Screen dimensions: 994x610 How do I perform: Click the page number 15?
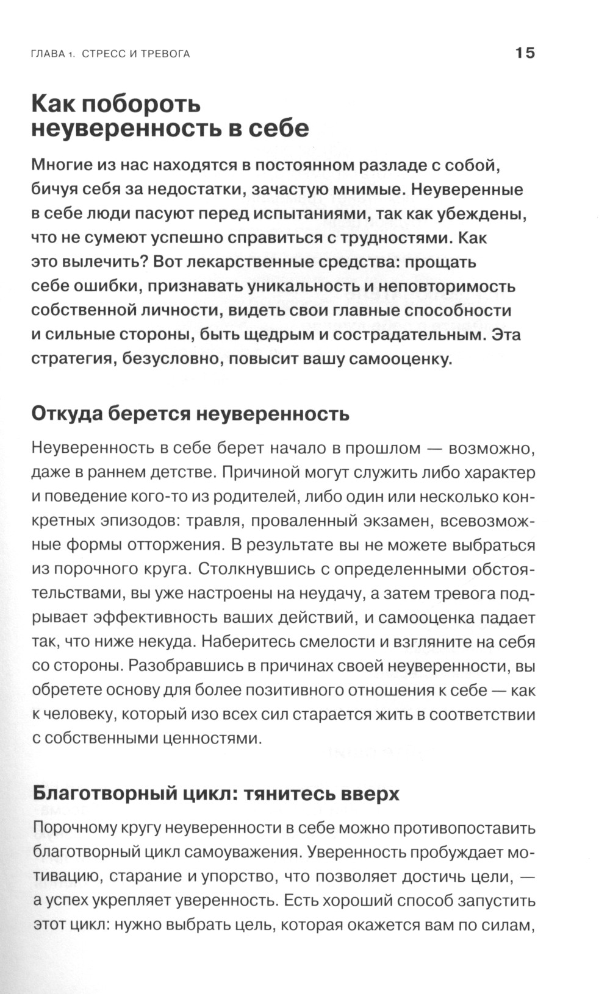point(525,53)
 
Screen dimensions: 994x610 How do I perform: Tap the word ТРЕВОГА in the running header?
point(166,54)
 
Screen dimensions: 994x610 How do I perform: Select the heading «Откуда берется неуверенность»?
point(190,414)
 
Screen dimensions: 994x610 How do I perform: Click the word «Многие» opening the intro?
point(64,165)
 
